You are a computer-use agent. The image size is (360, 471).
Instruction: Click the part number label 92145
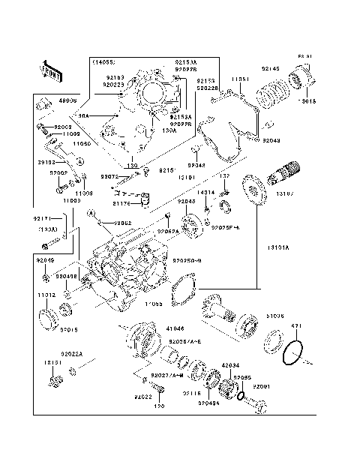coord(271,69)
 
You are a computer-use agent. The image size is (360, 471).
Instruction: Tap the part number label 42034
coord(231,364)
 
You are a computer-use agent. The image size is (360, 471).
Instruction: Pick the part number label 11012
coord(47,295)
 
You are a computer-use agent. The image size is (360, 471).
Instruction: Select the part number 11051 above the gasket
coord(240,79)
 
